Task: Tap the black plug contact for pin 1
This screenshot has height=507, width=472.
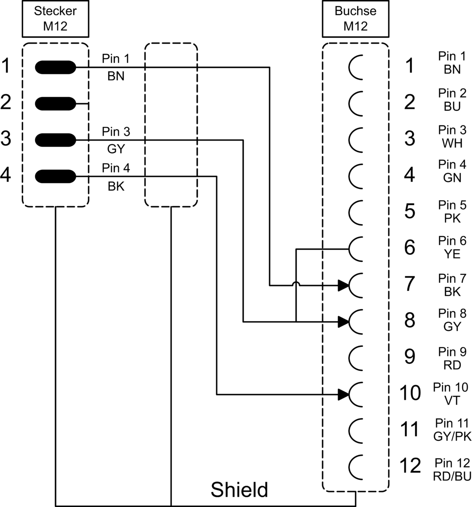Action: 55,67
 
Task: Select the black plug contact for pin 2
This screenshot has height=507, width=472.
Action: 55,104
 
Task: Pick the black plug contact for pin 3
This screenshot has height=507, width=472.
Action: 55,140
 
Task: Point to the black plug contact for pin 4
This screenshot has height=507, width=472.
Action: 55,177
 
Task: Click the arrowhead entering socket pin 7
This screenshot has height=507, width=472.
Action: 343,286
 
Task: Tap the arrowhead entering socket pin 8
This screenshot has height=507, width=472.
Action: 343,322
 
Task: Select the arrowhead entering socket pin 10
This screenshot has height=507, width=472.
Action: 343,394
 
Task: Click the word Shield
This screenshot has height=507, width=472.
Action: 239,490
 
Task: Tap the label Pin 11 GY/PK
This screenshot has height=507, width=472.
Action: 452,430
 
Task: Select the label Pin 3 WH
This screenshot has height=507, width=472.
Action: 452,137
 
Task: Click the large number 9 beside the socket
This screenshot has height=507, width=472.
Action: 410,357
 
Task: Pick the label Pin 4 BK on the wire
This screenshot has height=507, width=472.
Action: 116,177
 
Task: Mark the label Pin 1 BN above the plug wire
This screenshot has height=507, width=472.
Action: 116,67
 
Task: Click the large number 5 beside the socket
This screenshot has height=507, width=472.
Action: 410,211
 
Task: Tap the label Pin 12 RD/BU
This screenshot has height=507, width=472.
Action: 452,470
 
